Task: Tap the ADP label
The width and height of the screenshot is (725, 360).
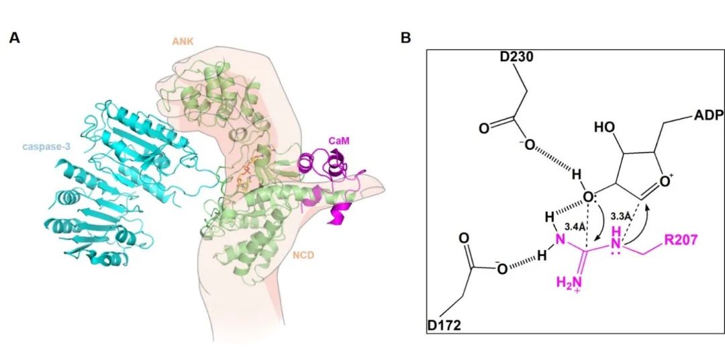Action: (704, 116)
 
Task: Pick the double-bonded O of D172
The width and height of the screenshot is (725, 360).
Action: (464, 239)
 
